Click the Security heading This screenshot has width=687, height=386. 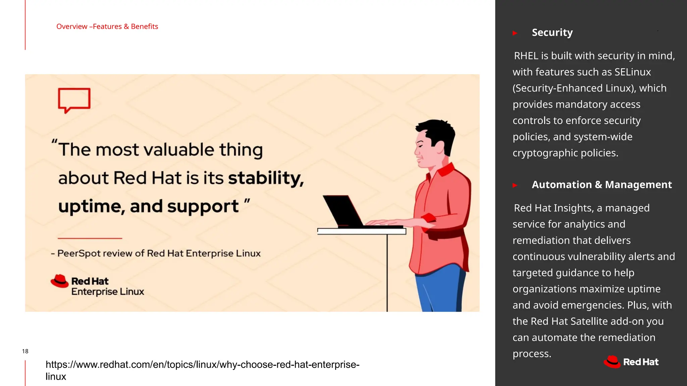pyautogui.click(x=552, y=33)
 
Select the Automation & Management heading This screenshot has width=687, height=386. pyautogui.click(x=601, y=185)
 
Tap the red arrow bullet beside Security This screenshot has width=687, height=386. pyautogui.click(x=515, y=33)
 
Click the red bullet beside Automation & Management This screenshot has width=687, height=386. pyautogui.click(x=515, y=185)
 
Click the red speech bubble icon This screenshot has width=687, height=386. pyautogui.click(x=74, y=100)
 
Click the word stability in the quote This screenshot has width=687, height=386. pyautogui.click(x=265, y=178)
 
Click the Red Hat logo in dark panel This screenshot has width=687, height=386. pyautogui.click(x=631, y=362)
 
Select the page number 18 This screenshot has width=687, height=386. pyautogui.click(x=25, y=351)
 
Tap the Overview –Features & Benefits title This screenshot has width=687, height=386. pyautogui.click(x=107, y=26)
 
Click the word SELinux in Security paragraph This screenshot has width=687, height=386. pyautogui.click(x=632, y=72)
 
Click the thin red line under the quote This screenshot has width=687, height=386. pyautogui.click(x=90, y=238)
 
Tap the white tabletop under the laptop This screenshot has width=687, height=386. pyautogui.click(x=361, y=231)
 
